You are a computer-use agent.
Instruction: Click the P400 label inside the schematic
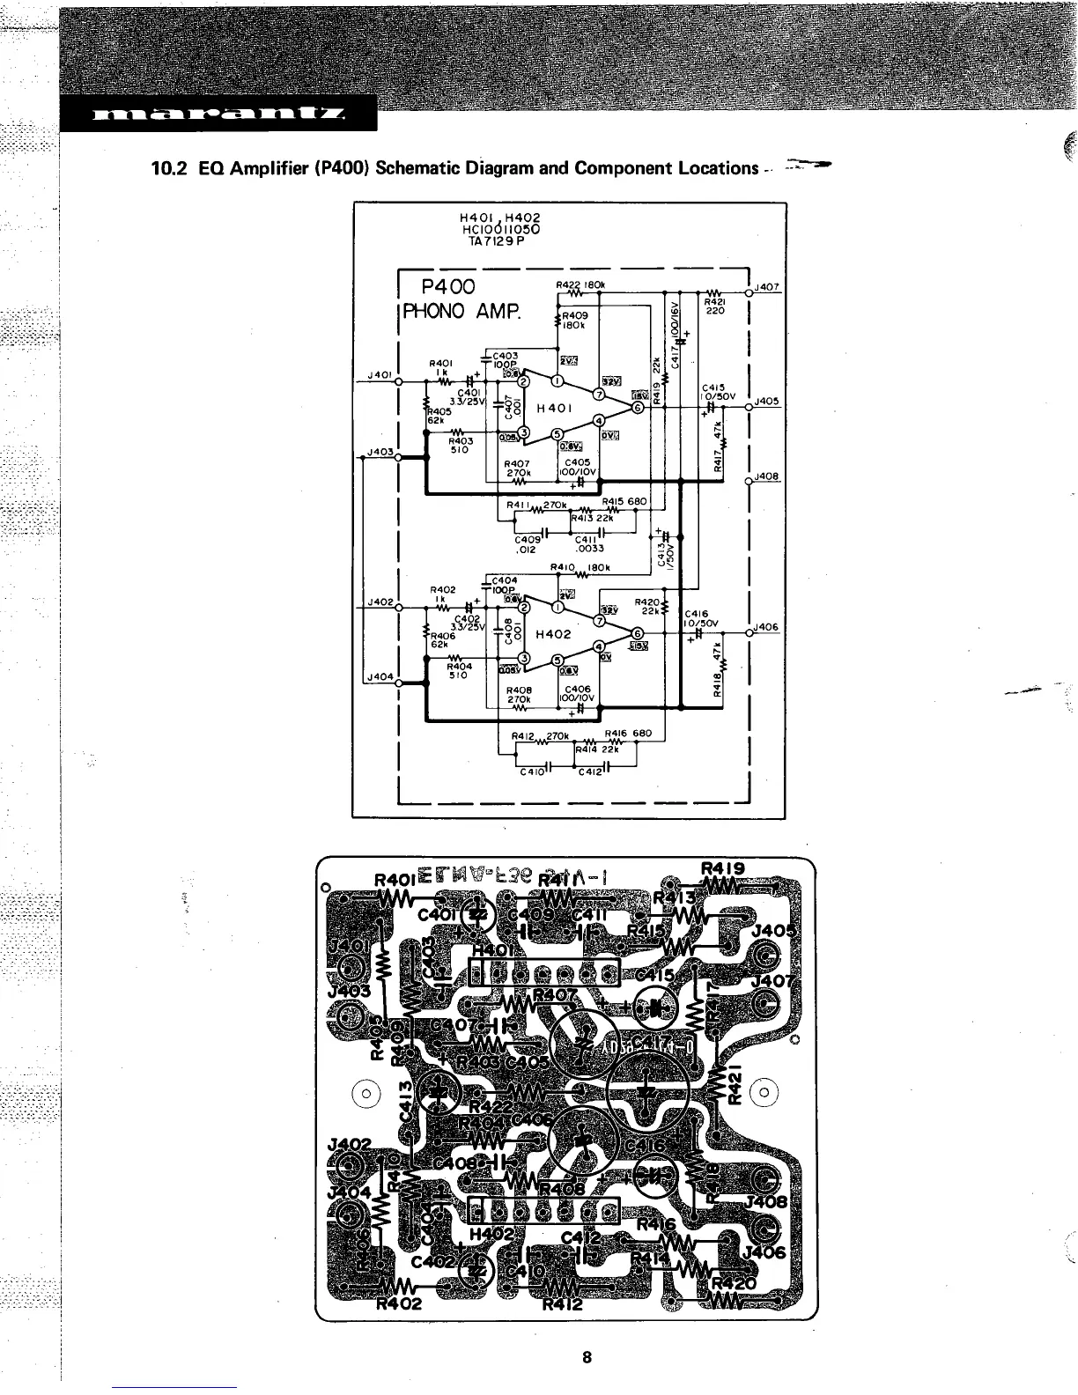pos(448,287)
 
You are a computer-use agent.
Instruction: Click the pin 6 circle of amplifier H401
pos(638,409)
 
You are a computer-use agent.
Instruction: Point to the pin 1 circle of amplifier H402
pos(557,607)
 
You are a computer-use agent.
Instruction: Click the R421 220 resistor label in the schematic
pos(714,305)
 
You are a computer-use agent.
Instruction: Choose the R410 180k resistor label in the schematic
pos(580,567)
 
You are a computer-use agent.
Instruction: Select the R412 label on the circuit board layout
pos(562,1304)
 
